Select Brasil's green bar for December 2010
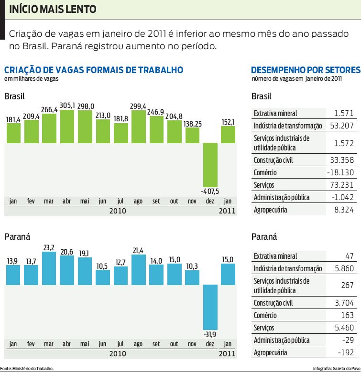[x=210, y=165]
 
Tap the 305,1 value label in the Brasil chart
[x=67, y=106]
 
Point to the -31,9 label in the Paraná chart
[x=210, y=333]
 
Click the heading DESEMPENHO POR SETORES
[x=305, y=70]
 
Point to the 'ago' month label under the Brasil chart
[x=138, y=202]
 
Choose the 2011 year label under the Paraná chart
[x=228, y=353]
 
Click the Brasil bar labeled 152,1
[x=228, y=134]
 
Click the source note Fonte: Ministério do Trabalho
[x=27, y=368]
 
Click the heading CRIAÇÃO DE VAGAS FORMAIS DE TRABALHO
[x=94, y=70]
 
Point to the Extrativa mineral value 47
[x=349, y=256]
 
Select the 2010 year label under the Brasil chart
[x=117, y=211]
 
